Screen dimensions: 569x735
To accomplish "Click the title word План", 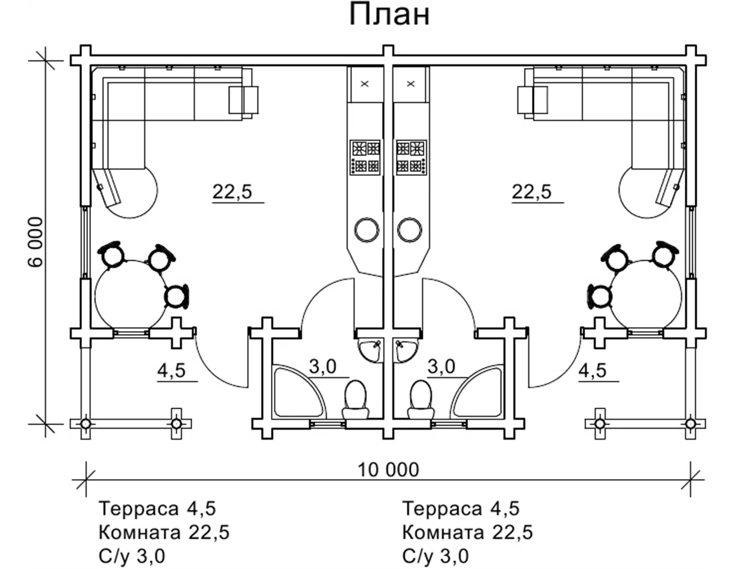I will [389, 15].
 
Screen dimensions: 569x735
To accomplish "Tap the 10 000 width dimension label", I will [388, 470].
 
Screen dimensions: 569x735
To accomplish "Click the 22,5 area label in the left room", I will [232, 191].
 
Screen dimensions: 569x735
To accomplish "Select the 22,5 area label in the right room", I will [532, 191].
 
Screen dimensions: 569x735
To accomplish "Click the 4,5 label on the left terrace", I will [171, 371].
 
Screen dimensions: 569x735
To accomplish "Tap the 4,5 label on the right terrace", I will [592, 370].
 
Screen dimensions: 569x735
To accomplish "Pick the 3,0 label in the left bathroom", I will [323, 367].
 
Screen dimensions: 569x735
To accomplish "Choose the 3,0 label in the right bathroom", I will [441, 367].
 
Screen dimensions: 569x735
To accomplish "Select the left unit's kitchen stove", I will [366, 157].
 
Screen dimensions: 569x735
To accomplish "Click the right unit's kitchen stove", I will [411, 157].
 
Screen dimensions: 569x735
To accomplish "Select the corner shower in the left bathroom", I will [295, 392].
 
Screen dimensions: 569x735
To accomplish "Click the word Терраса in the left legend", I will [139, 508].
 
